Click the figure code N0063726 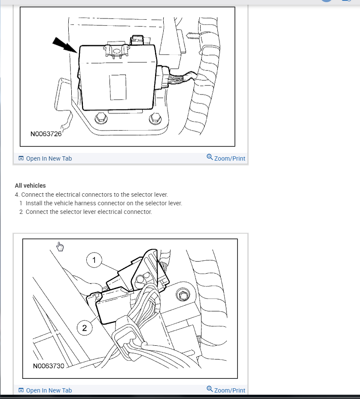[x=46, y=134]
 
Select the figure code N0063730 [x=49, y=366]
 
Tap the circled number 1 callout [x=94, y=260]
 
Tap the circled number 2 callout [x=84, y=328]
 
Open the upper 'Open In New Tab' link [x=49, y=158]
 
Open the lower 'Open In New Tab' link [x=49, y=390]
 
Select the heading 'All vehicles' [x=30, y=186]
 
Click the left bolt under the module [x=100, y=117]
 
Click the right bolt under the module [x=153, y=118]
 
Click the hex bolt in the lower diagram [x=183, y=295]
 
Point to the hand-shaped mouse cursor [x=60, y=247]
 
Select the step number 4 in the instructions [x=17, y=195]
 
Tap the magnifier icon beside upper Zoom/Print [x=210, y=157]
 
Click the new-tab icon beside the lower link [x=21, y=390]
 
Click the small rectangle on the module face [x=118, y=87]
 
